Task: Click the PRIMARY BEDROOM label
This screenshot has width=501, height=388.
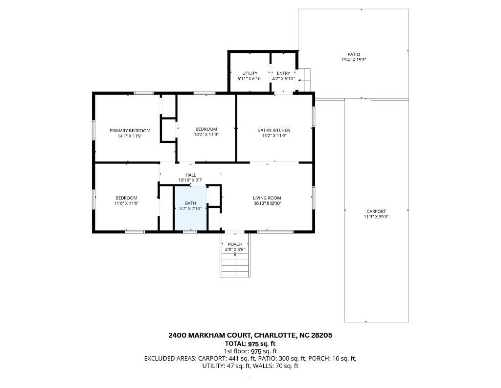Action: click(x=130, y=131)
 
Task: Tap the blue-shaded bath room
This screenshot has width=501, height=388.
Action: click(x=190, y=208)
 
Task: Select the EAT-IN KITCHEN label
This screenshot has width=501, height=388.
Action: click(x=274, y=130)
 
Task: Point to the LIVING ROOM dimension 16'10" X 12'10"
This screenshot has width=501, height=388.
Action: click(x=267, y=203)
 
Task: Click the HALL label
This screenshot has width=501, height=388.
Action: click(x=191, y=175)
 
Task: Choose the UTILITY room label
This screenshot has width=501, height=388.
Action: click(x=250, y=73)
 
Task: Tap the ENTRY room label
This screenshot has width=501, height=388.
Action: click(x=283, y=73)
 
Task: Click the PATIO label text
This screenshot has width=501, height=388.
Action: click(x=354, y=54)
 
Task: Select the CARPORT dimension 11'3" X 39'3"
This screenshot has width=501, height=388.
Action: click(x=376, y=217)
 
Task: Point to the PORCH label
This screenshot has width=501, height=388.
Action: click(x=235, y=244)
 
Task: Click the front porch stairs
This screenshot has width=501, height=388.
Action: click(x=235, y=265)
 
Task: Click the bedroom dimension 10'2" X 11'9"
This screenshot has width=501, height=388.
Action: click(x=206, y=135)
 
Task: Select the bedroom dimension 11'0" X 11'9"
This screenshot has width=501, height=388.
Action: click(x=126, y=203)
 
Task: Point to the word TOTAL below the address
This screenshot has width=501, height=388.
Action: click(x=235, y=344)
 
